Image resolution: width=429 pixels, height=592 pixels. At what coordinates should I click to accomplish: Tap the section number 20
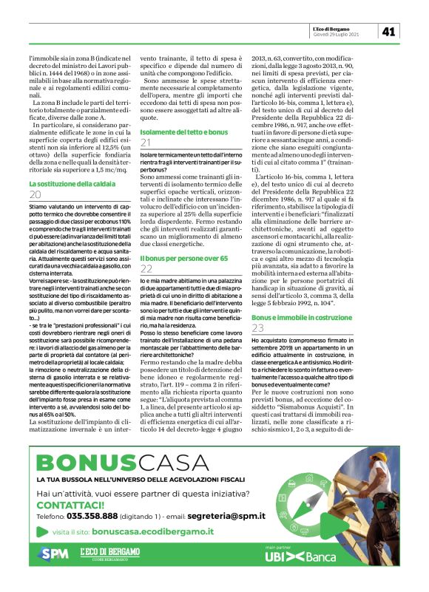tap(36, 195)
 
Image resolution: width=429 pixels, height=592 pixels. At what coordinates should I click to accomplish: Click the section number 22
tap(146, 270)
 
